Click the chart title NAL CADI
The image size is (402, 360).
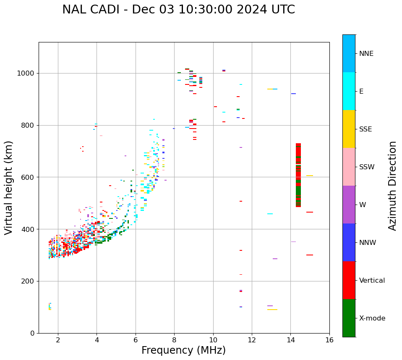[x=178, y=10]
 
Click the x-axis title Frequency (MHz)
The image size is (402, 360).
[x=183, y=350]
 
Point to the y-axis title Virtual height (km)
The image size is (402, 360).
[x=9, y=187]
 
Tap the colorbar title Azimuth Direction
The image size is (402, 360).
[x=392, y=185]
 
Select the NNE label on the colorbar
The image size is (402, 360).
[x=366, y=54]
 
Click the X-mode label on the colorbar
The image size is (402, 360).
[x=372, y=318]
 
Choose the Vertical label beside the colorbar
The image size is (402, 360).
[x=372, y=281]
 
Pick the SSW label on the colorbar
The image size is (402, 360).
[x=367, y=167]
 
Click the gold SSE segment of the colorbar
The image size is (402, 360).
[x=349, y=129]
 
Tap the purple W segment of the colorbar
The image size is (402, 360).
[x=349, y=205]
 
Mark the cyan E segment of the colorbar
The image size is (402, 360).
[x=349, y=91]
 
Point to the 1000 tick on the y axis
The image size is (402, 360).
[x=27, y=74]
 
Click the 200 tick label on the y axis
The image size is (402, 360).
[x=29, y=281]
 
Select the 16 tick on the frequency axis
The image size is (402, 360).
[x=329, y=339]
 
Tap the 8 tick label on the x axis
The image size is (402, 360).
[x=174, y=339]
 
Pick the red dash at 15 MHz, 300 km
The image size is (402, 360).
[x=310, y=255]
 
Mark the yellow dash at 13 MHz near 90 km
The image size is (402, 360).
[x=272, y=310]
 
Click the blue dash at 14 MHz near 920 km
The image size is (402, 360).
[x=293, y=94]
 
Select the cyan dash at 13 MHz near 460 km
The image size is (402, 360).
[x=270, y=214]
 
